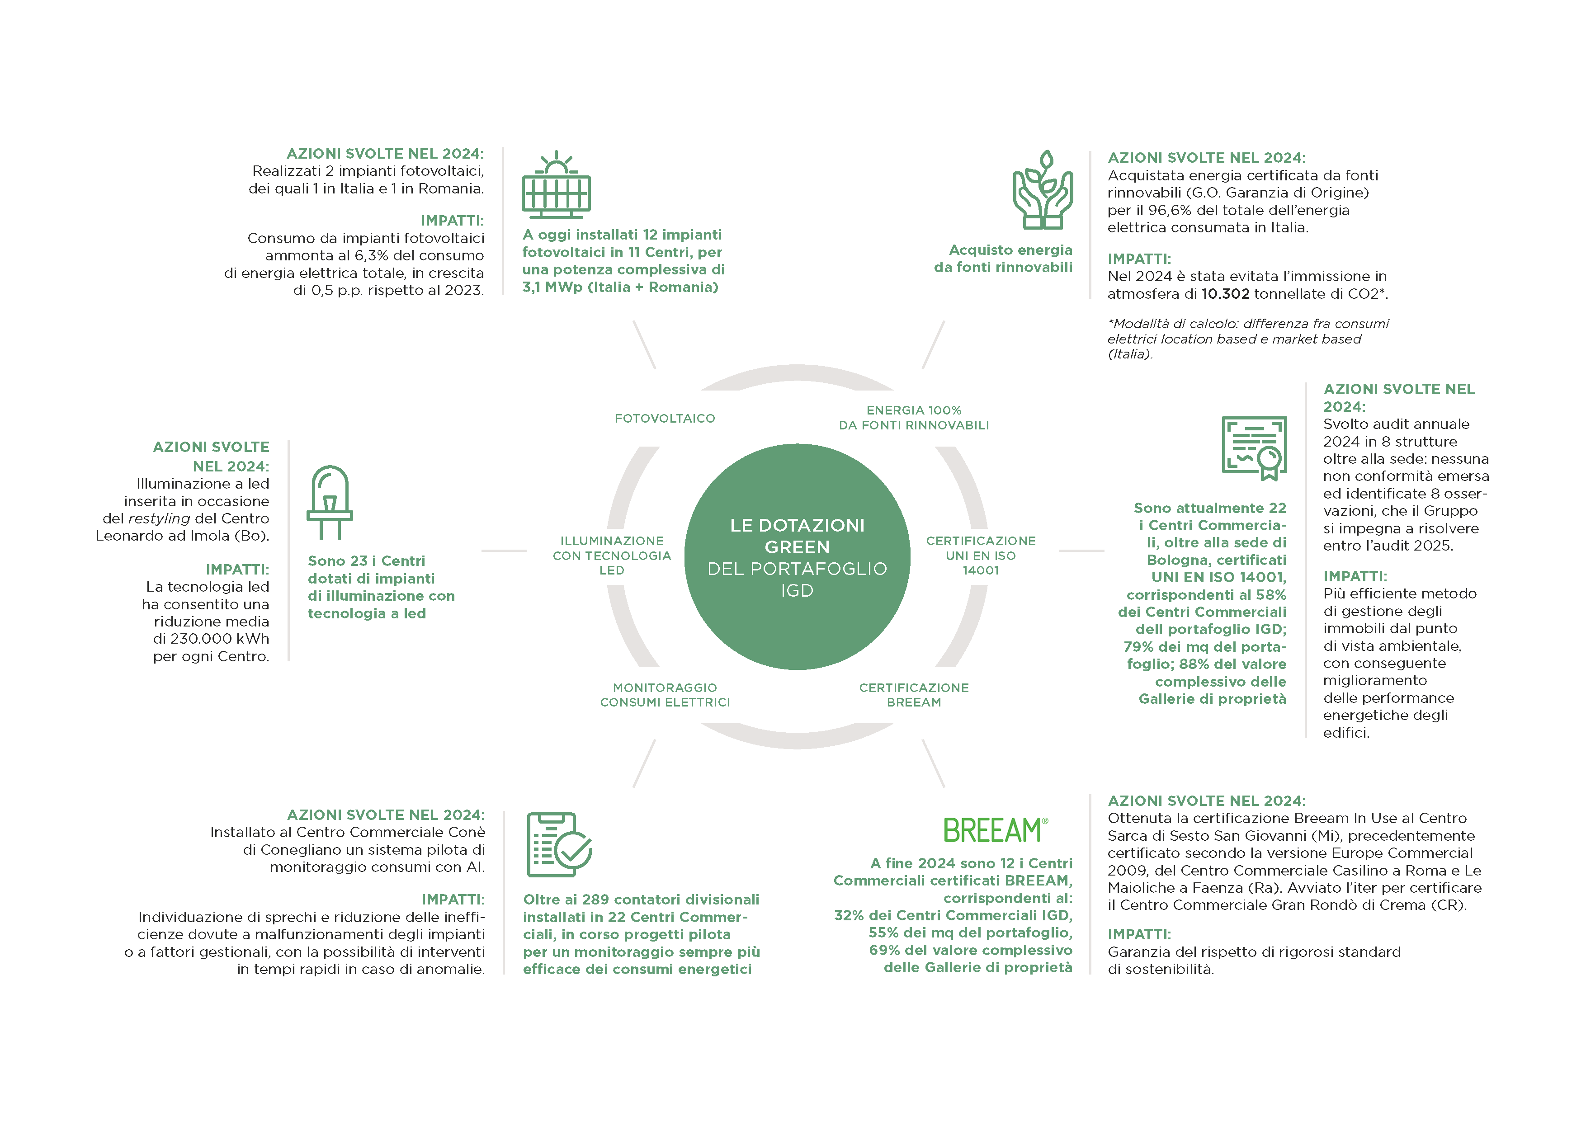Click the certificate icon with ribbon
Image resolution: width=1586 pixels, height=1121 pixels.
coord(1255,447)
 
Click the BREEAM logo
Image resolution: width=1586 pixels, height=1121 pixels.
coord(995,830)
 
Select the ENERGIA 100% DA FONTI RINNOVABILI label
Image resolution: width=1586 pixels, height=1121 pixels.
coord(914,418)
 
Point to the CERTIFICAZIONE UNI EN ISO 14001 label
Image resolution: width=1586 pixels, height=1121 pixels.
coord(981,556)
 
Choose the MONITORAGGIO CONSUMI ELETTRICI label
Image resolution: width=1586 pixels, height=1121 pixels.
coord(665,695)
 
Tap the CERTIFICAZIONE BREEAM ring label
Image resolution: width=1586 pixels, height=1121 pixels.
coord(914,695)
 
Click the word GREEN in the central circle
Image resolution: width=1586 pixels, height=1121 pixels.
coord(797,547)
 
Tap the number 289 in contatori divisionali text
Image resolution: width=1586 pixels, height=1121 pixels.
coord(595,900)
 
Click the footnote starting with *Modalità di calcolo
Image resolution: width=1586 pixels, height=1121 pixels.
coord(1247,339)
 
